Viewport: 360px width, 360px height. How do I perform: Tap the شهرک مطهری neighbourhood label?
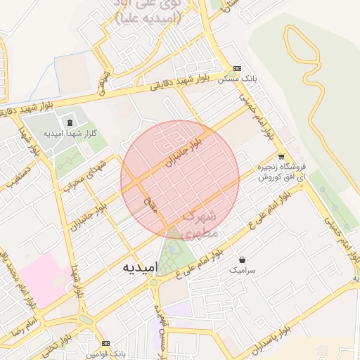click(201, 224)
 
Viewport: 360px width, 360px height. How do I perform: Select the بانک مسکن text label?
click(237, 79)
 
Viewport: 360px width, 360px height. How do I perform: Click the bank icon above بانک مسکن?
click(237, 69)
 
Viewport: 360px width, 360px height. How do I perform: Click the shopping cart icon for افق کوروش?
click(281, 157)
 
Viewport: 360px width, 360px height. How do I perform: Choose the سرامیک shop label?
click(243, 270)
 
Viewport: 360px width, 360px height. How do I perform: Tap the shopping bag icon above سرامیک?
click(243, 259)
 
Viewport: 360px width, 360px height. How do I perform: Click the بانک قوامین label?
click(105, 354)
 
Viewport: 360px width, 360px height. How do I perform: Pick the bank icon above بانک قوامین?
click(105, 344)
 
